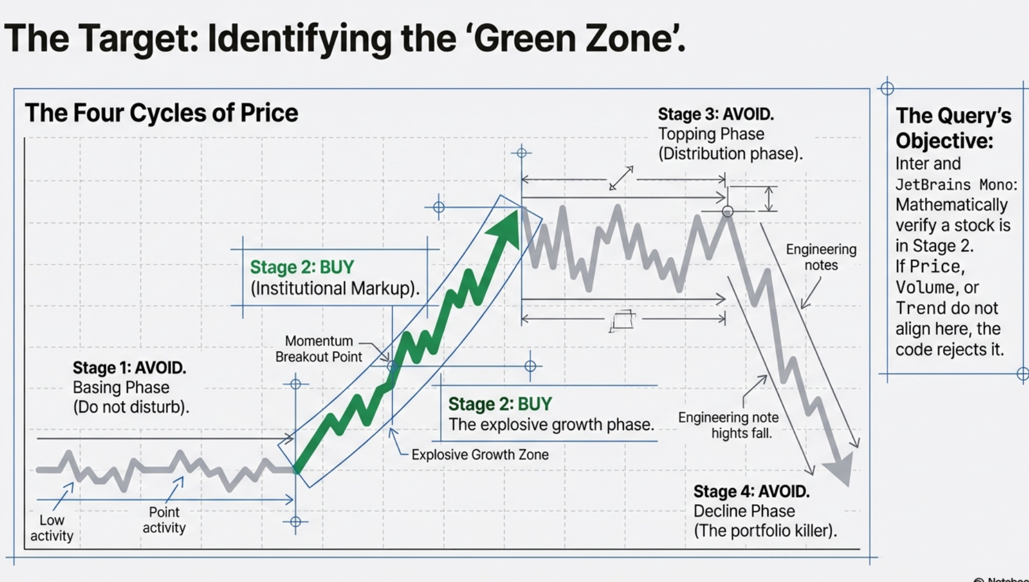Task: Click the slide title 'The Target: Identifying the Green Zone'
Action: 345,39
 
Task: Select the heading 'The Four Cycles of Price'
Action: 161,113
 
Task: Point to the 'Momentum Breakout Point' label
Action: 318,349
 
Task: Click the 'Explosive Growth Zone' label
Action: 480,455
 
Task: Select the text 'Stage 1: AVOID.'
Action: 129,368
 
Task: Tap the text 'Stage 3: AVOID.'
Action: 716,115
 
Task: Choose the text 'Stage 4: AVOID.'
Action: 751,491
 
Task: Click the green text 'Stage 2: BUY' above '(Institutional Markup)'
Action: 302,267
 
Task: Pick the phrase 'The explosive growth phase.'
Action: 551,425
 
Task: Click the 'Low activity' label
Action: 51,528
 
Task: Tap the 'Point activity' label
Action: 164,519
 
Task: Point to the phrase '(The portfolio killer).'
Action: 765,531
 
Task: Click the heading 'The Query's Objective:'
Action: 953,128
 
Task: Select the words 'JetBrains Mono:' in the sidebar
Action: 957,185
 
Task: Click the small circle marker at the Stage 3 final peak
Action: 727,212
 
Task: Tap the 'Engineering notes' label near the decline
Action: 821,257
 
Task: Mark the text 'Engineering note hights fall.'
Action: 729,425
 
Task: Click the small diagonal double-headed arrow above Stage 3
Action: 621,178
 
